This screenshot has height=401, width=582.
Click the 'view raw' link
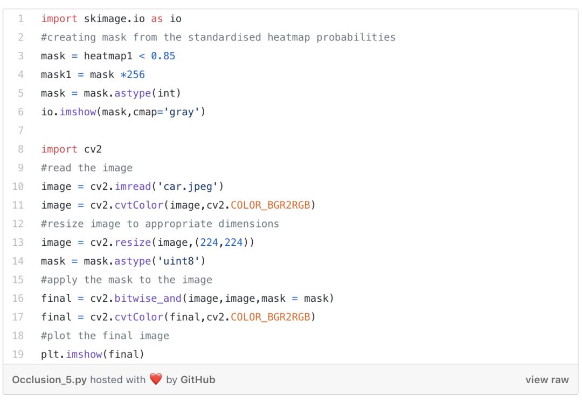click(x=546, y=379)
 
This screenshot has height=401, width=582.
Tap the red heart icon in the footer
click(x=156, y=379)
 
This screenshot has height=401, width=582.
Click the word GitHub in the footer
click(x=198, y=379)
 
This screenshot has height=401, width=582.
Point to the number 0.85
click(x=163, y=56)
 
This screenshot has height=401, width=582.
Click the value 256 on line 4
click(x=136, y=74)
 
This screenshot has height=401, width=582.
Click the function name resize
click(x=133, y=243)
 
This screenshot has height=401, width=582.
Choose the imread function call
click(x=133, y=186)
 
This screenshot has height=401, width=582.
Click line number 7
click(x=21, y=130)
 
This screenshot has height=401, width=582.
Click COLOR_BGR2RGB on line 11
click(x=271, y=205)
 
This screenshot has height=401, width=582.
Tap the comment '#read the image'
click(x=87, y=168)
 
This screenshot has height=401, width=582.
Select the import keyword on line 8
click(x=59, y=149)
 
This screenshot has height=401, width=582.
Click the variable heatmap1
click(x=108, y=56)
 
